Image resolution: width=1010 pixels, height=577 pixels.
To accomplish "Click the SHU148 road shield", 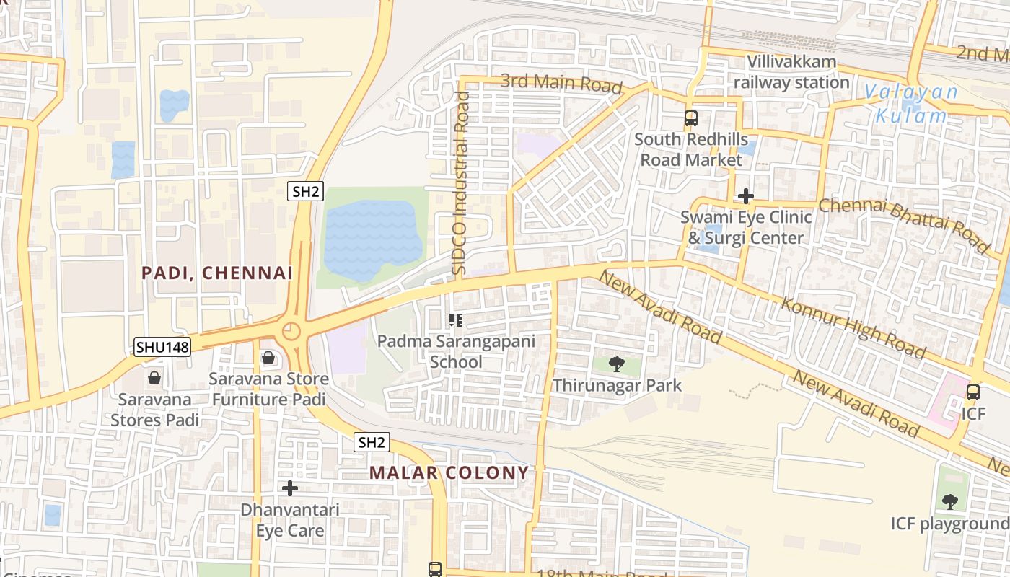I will [x=162, y=347].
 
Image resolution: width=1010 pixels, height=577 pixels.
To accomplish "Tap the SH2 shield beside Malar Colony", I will [x=372, y=442].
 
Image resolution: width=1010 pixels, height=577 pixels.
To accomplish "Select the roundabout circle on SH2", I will [x=291, y=331].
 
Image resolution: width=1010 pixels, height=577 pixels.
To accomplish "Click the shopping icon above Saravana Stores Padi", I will [x=154, y=377].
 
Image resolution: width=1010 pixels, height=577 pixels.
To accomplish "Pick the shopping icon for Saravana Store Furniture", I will [x=268, y=357].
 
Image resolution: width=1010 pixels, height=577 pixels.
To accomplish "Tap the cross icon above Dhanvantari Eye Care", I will [x=289, y=488].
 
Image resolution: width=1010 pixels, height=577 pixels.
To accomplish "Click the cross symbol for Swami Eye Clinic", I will [x=746, y=195].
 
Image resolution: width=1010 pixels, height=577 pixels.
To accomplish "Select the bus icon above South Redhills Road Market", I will [x=690, y=118].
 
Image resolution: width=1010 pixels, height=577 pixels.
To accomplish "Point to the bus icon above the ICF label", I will [x=972, y=392].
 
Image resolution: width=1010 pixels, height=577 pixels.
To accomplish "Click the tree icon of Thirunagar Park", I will [x=616, y=364].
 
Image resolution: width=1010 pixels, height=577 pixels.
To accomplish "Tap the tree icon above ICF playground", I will [x=950, y=501].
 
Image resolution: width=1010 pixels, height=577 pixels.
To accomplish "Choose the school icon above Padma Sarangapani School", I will [x=455, y=320].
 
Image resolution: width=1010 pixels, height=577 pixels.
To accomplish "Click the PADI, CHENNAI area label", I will [x=217, y=273].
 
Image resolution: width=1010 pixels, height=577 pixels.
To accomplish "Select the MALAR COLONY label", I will [x=449, y=472].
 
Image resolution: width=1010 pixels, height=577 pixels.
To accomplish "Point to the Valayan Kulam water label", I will [x=912, y=104].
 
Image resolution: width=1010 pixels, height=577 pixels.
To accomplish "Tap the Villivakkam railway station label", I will [x=791, y=72].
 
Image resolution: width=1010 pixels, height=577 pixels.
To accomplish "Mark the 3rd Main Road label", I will [x=561, y=84].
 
